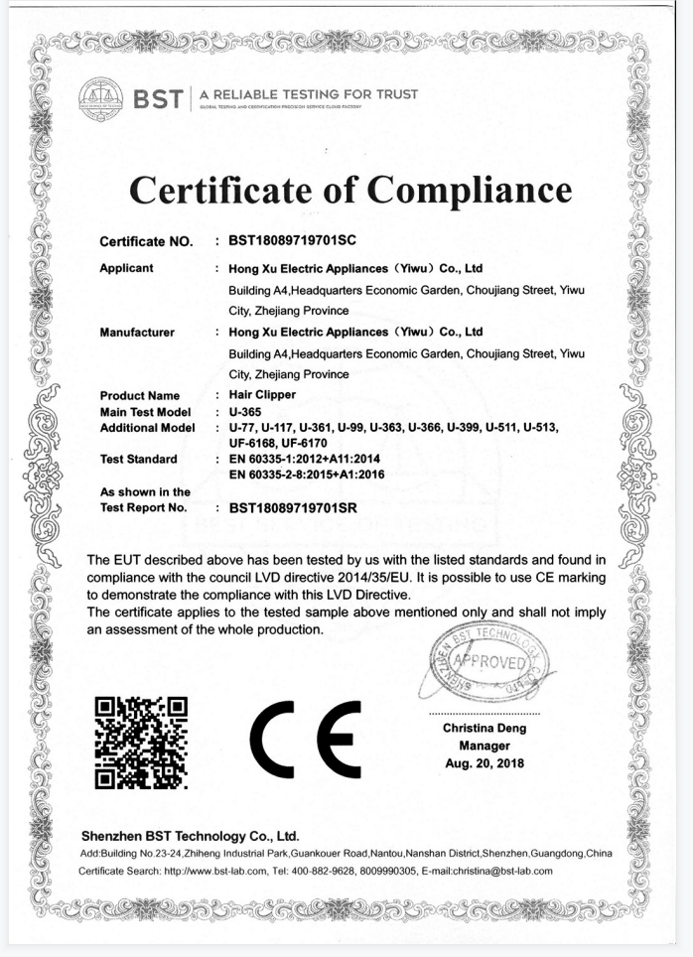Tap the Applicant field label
(x=127, y=268)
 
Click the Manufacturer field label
(x=138, y=332)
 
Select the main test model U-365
(x=246, y=411)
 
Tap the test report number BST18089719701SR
(x=293, y=507)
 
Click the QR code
(x=140, y=743)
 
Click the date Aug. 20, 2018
(x=485, y=762)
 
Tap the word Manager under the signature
(x=485, y=746)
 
